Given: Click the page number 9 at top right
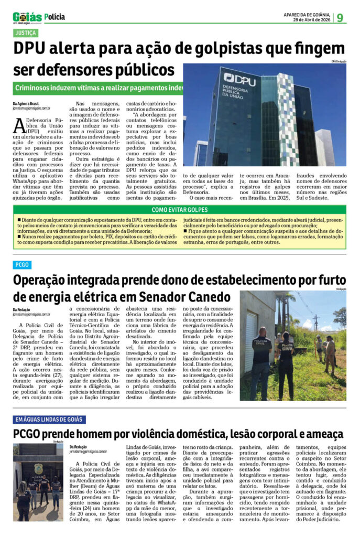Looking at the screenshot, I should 340,17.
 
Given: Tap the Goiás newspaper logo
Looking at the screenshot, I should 27,17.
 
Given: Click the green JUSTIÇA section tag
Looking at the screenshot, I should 26,33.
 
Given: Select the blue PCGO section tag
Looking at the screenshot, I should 22,265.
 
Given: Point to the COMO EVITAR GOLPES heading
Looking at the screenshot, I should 180,210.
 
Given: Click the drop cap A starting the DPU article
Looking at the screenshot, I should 19,124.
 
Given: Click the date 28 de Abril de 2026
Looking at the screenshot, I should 311,20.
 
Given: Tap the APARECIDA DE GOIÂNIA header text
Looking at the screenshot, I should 309,15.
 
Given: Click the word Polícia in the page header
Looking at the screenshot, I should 55,17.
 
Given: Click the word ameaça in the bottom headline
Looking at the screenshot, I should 322,434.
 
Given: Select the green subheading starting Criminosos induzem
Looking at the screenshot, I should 100,88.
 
